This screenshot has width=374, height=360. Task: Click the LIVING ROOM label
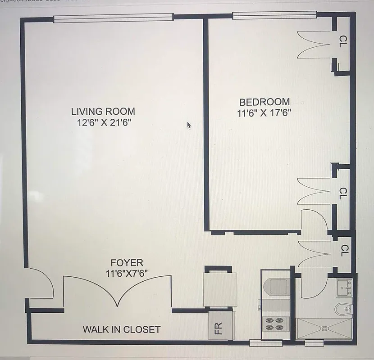[103, 111]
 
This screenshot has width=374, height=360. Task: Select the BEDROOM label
[264, 102]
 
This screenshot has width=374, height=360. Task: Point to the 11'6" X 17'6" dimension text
[264, 113]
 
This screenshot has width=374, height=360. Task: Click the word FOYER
[127, 263]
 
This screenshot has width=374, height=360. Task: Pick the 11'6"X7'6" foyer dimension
[127, 273]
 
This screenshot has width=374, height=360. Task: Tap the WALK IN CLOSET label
[121, 329]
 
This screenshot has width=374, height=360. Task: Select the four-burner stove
[275, 324]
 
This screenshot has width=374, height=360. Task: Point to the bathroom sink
[344, 287]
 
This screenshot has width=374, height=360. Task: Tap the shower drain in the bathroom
[322, 328]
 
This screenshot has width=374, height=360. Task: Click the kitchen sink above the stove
[278, 287]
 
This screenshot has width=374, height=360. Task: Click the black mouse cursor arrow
[189, 125]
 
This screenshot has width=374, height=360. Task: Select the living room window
[113, 18]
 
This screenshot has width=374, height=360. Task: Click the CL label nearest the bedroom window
[343, 41]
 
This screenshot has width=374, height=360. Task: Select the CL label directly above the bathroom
[344, 250]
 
